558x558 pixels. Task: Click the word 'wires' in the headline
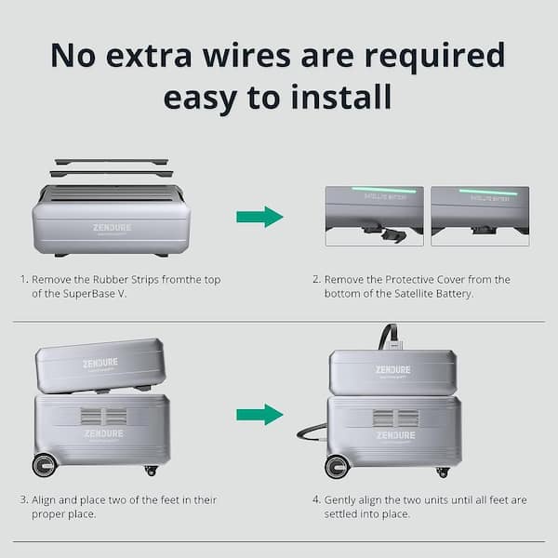pyautogui.click(x=246, y=56)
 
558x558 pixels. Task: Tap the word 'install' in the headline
pyautogui.click(x=341, y=97)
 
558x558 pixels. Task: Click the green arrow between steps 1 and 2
pyautogui.click(x=259, y=217)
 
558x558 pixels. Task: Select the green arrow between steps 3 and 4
pyautogui.click(x=259, y=414)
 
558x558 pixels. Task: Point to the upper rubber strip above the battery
pyautogui.click(x=112, y=162)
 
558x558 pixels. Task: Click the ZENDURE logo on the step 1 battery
pyautogui.click(x=112, y=227)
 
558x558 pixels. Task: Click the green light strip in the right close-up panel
pyautogui.click(x=488, y=193)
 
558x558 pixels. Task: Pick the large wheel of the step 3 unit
pyautogui.click(x=45, y=465)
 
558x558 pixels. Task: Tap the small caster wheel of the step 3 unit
pyautogui.click(x=151, y=471)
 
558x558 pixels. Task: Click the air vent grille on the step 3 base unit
pyautogui.click(x=103, y=417)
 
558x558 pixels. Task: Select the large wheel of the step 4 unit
pyautogui.click(x=338, y=466)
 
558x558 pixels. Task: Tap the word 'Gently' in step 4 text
pyautogui.click(x=339, y=500)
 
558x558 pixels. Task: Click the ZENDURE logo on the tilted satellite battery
pyautogui.click(x=100, y=363)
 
